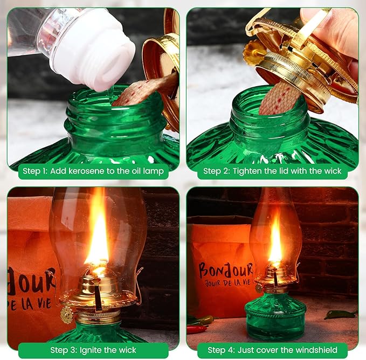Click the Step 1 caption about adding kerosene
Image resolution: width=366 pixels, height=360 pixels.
[95, 172]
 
